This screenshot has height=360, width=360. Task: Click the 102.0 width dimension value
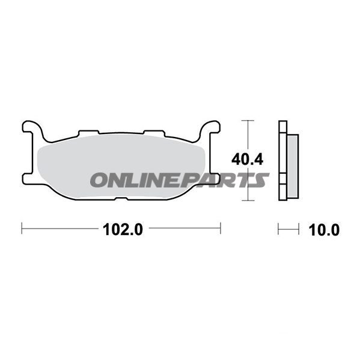point(123,230)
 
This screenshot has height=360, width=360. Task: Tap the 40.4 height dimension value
point(247,159)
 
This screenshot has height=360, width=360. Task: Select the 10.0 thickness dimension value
point(324,230)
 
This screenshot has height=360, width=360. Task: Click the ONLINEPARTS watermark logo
point(180,180)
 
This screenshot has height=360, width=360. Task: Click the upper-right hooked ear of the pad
point(209,128)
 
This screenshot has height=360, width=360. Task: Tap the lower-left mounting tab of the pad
point(28,178)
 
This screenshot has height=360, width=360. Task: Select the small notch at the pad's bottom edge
point(121,198)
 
